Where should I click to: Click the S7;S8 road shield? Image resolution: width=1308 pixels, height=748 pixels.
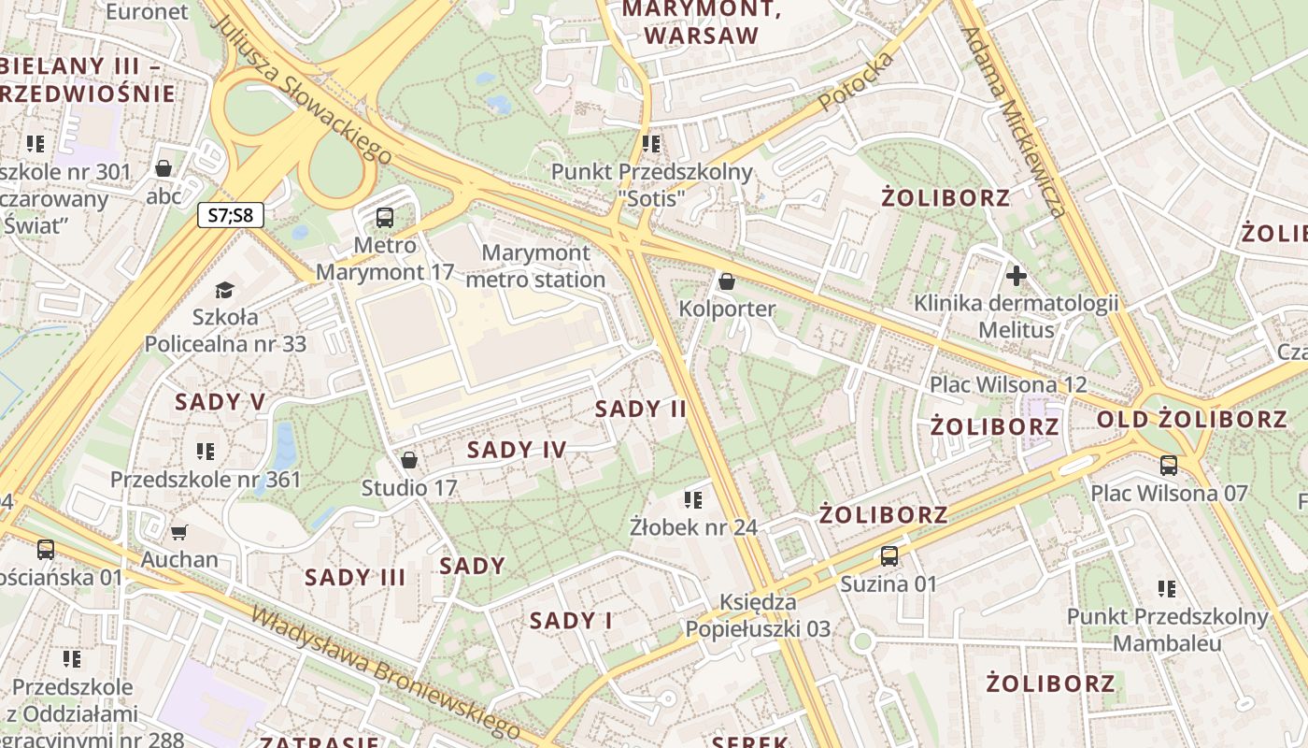[x=231, y=216]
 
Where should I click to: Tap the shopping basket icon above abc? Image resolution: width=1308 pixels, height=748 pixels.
[x=163, y=168]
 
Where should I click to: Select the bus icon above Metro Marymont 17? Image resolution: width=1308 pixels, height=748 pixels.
[x=384, y=218]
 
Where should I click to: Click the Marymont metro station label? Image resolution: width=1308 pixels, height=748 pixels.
[x=535, y=266]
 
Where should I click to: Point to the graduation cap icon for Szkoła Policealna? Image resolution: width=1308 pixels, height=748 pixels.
[x=224, y=290]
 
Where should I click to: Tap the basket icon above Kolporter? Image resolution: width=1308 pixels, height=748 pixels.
[x=727, y=280]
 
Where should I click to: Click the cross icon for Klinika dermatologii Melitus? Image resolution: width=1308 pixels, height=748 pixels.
[x=1016, y=276]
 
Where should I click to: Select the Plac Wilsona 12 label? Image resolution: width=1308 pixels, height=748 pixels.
[x=1008, y=384]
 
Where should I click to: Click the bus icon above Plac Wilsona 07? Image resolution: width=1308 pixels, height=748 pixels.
[x=1168, y=465]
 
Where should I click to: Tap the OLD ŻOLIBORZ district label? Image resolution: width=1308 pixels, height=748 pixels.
[x=1191, y=420]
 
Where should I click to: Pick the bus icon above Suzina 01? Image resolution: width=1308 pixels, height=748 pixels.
[x=889, y=556]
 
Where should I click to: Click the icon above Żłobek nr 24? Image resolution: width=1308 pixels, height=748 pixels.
[x=692, y=499]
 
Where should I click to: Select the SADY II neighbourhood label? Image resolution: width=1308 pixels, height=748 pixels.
[x=641, y=409]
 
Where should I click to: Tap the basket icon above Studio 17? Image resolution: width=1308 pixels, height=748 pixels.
[x=408, y=460]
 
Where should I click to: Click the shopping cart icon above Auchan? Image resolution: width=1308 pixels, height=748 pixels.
[x=179, y=532]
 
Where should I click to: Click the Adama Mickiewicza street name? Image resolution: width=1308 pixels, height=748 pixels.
[x=1014, y=122]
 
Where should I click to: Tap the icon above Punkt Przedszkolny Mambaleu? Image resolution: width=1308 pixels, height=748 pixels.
[x=1166, y=589]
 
